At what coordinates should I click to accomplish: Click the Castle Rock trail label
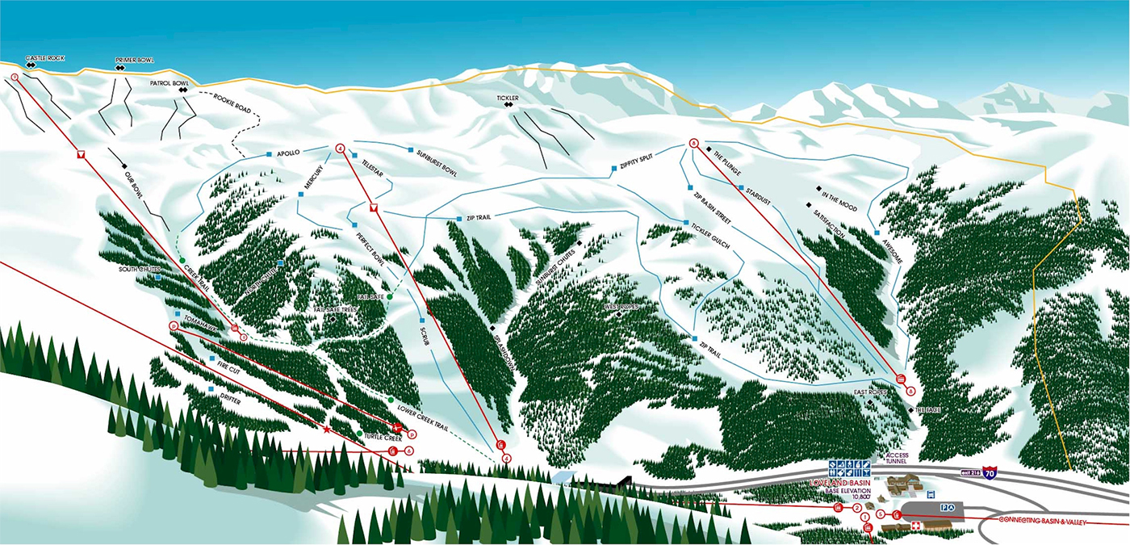pyautogui.click(x=44, y=58)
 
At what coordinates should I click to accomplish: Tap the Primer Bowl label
pyautogui.click(x=135, y=60)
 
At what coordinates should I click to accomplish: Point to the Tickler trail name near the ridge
pyautogui.click(x=508, y=98)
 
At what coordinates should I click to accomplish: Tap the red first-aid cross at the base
pyautogui.click(x=915, y=526)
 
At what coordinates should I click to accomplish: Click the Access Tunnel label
pyautogui.click(x=897, y=458)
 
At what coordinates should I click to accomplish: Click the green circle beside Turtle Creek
pyautogui.click(x=359, y=434)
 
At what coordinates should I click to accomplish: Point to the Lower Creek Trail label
pyautogui.click(x=423, y=409)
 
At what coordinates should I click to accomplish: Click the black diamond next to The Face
pyautogui.click(x=911, y=411)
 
